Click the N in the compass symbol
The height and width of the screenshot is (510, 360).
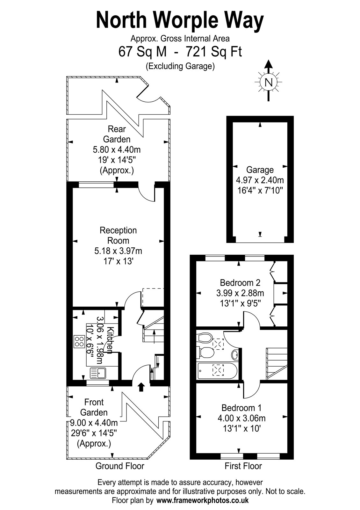tap(269, 82)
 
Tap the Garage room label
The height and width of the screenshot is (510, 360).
tap(260, 170)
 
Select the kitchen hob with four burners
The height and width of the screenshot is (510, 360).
tap(79, 341)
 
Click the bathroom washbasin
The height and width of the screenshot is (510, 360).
tap(235, 355)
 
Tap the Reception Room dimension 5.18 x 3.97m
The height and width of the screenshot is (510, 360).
tap(118, 251)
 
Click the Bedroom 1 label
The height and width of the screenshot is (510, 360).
tap(241, 408)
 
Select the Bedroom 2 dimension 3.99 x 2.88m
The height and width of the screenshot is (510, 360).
tap(240, 293)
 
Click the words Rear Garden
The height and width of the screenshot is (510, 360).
tap(117, 134)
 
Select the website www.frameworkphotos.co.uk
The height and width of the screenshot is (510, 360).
tap(203, 500)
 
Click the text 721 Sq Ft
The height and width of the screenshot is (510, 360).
tap(214, 52)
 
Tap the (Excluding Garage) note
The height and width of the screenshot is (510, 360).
tap(180, 66)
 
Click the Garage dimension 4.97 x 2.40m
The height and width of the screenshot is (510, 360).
tap(260, 180)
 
